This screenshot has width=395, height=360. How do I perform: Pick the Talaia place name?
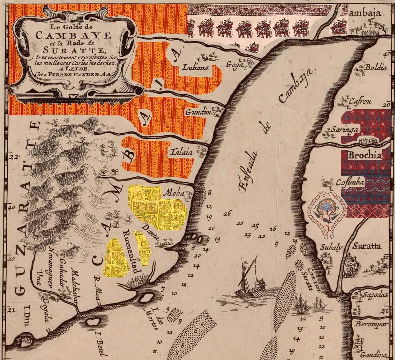click(181, 152)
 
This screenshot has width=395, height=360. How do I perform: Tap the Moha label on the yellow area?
click(174, 193)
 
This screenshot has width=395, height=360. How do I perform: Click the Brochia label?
click(364, 156)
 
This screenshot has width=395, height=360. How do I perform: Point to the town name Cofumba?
click(350, 182)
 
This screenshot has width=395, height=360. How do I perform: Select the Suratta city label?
click(366, 246)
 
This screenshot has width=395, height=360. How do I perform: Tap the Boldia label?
click(376, 68)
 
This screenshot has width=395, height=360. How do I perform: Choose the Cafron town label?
click(361, 102)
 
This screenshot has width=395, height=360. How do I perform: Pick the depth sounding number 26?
click(227, 214)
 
